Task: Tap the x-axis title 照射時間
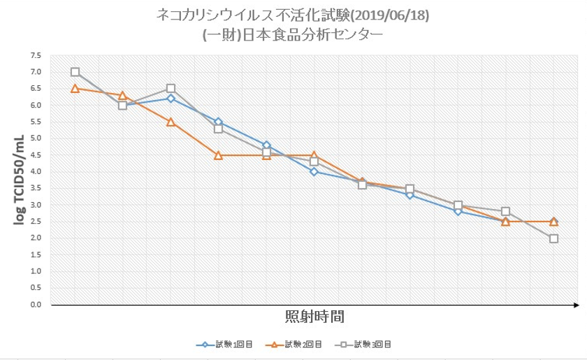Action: point(314,316)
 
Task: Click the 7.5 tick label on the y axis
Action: point(36,55)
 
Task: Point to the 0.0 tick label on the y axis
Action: point(36,305)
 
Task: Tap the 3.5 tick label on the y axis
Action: point(36,188)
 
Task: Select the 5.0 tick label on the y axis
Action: point(36,138)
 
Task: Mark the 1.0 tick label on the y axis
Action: point(36,271)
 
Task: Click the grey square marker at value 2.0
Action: point(553,238)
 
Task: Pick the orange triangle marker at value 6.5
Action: point(75,88)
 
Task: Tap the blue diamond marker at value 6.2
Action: point(171,99)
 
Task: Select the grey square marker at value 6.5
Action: point(171,89)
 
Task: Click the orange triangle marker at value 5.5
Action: point(171,122)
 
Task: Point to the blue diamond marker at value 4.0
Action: point(314,171)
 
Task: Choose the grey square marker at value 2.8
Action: point(505,211)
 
